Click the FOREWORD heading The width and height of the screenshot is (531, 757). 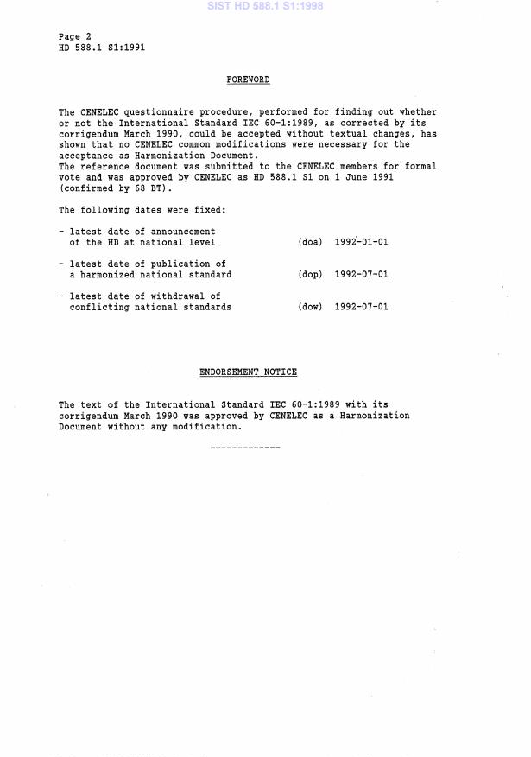point(248,80)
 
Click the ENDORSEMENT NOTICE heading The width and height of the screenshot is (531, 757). point(248,372)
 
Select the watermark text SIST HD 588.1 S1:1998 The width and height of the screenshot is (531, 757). point(264,5)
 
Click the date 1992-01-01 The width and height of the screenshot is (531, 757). point(361,242)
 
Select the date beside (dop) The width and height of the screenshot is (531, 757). point(361,275)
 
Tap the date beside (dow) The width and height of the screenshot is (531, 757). point(361,307)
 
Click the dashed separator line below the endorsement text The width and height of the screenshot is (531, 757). point(245,448)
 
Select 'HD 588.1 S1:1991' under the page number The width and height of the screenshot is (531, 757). point(102,48)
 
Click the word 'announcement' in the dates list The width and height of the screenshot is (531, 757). point(182,232)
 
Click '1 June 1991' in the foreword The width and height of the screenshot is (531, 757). point(408,177)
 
